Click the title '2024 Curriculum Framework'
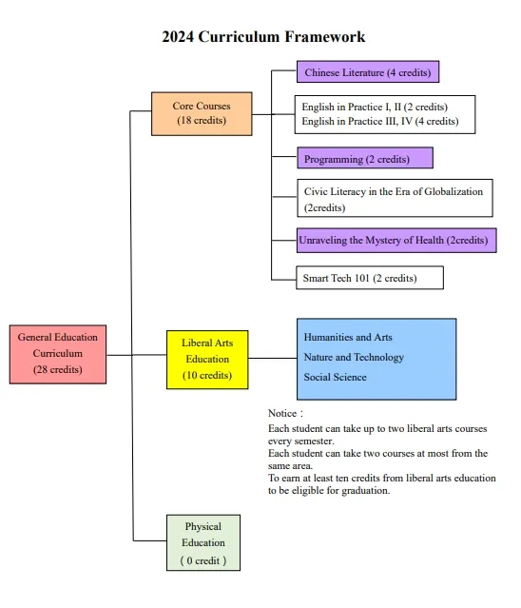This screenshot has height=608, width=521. tap(263, 37)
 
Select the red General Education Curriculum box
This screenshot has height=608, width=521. tap(58, 354)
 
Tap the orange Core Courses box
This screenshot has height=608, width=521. tap(202, 113)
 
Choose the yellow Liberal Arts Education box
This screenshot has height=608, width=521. tap(207, 360)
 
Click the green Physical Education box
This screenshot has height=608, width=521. tap(203, 542)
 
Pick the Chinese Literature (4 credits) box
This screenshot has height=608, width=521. tap(368, 71)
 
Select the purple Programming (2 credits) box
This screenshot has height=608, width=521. tap(365, 158)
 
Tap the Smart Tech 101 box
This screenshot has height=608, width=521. tap(370, 278)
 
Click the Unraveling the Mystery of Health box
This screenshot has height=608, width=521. tap(396, 241)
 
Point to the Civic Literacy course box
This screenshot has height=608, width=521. tap(395, 198)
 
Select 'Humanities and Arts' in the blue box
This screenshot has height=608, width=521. tap(348, 337)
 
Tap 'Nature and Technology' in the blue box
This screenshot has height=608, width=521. tap(354, 357)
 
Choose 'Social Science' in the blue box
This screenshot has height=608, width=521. tap(335, 377)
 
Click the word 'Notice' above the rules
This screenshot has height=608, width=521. tap(282, 413)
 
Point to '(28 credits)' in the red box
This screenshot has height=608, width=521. tap(58, 369)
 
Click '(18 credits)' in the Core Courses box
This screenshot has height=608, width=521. tap(202, 120)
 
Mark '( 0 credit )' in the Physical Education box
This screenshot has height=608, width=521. tap(203, 560)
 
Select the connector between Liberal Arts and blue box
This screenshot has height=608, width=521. tap(273, 358)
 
